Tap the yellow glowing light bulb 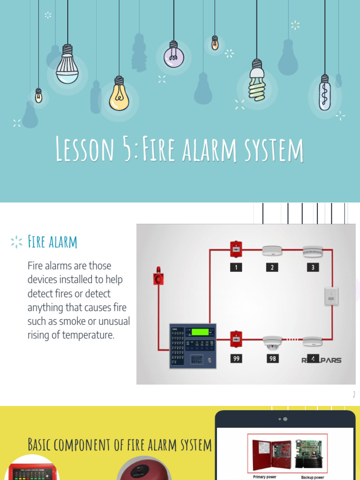coord(119,96)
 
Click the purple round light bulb coord(173,56)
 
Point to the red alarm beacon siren coord(158,277)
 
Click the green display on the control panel coord(199,332)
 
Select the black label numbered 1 coord(236,267)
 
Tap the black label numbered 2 coord(272,267)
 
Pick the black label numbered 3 coord(312,267)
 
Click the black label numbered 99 coord(236,359)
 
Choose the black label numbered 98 coord(272,359)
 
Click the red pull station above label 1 coord(236,249)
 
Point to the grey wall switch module coord(331,296)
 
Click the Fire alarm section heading coord(52,242)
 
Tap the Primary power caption coord(264,477)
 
